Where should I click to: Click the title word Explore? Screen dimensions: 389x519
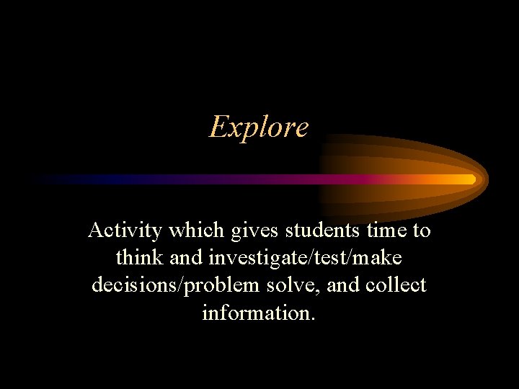point(259,128)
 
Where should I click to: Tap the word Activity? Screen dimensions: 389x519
point(124,231)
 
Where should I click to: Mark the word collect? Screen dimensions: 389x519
point(396,285)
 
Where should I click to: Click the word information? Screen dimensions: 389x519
point(259,313)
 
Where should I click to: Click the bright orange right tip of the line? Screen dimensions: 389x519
point(470,179)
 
